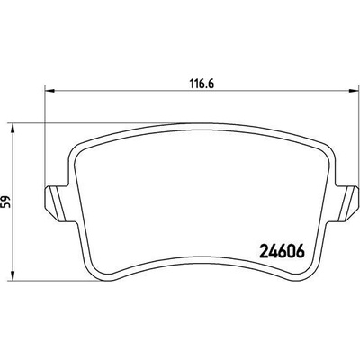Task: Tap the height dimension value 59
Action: pyautogui.click(x=6, y=202)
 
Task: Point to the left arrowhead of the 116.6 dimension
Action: pyautogui.click(x=49, y=90)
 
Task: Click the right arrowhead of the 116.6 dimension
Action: pyautogui.click(x=354, y=90)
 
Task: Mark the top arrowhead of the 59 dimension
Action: pyautogui.click(x=12, y=128)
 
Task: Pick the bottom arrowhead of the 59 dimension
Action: pyautogui.click(x=12, y=276)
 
